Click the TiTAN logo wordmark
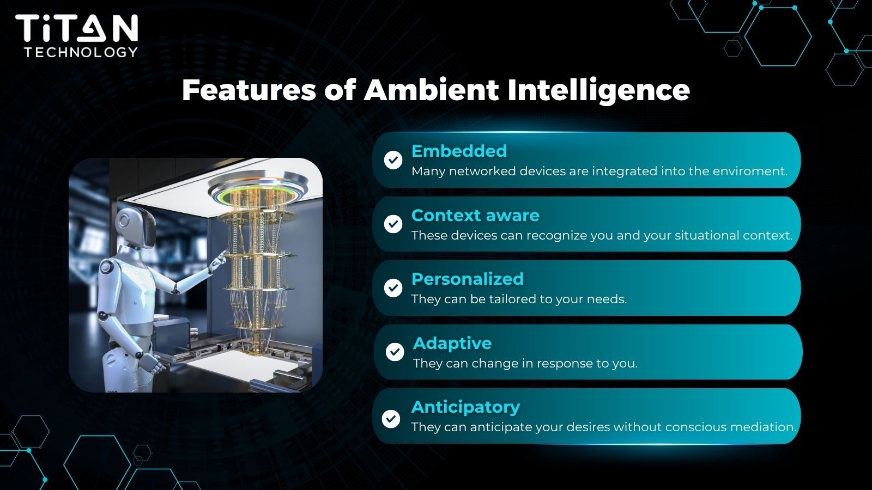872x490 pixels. (77, 28)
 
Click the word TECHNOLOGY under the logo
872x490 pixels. (81, 52)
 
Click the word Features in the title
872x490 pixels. (249, 90)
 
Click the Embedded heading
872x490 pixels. (459, 151)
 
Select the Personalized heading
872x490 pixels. (468, 279)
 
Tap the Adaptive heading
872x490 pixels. (453, 344)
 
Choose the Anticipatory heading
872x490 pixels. (466, 407)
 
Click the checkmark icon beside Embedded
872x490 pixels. (393, 160)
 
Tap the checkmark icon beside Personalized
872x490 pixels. (393, 288)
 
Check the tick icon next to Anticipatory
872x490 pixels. (391, 419)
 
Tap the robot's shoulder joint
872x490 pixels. (106, 268)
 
